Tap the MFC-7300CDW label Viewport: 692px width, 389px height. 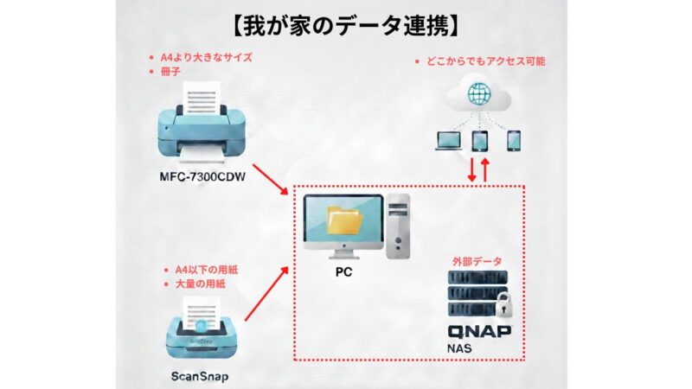pyautogui.click(x=200, y=180)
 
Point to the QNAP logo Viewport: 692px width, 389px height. pyautogui.click(x=480, y=332)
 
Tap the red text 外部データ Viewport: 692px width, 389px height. pyautogui.click(x=477, y=260)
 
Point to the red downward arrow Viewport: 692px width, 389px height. pyautogui.click(x=471, y=169)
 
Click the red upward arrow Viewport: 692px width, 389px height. pyautogui.click(x=486, y=169)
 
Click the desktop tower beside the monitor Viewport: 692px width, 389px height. pyautogui.click(x=399, y=226)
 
